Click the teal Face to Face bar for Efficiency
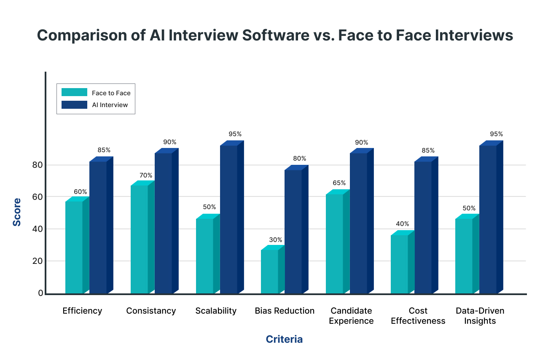point(74,247)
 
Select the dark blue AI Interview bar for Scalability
point(229,219)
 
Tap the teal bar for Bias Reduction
point(269,271)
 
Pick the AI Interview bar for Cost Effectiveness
point(423,227)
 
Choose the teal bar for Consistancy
point(140,239)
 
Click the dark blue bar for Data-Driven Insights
point(488,219)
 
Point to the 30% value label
point(276,240)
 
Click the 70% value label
point(145,175)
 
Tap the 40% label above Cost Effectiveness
point(402,224)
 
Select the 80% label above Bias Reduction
point(300,159)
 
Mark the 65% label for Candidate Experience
point(339,183)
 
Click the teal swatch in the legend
point(74,92)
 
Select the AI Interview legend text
point(110,105)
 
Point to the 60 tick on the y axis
point(38,197)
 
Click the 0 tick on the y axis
point(40,293)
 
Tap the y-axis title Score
point(17,212)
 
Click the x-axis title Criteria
point(284,339)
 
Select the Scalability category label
point(216,311)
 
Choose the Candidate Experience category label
point(351,316)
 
